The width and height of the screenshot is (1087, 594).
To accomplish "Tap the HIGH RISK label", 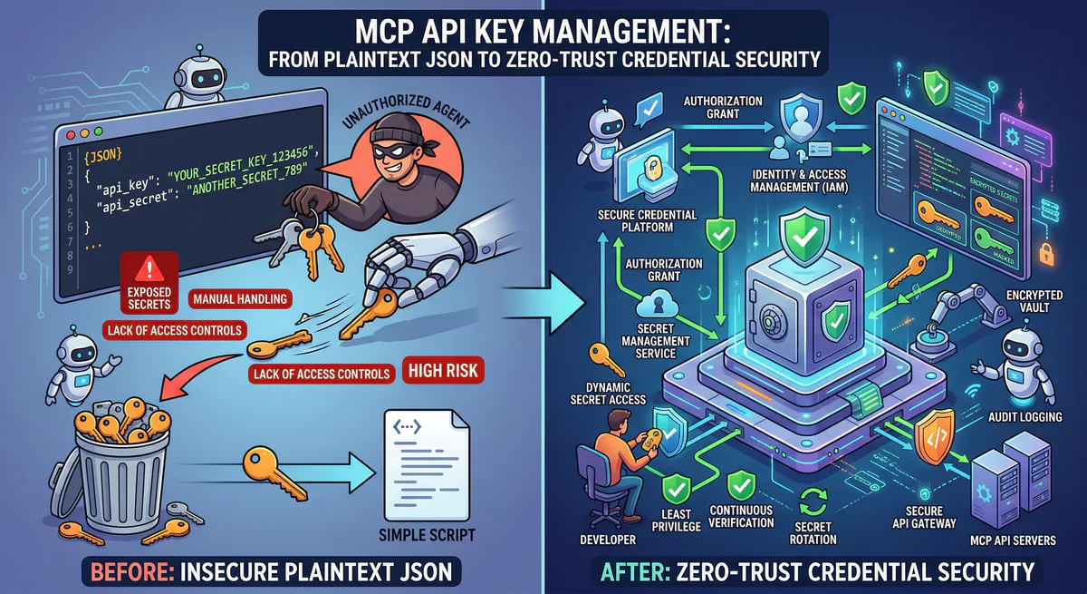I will click(x=442, y=370).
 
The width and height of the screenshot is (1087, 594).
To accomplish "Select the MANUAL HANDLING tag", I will click(x=239, y=297).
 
